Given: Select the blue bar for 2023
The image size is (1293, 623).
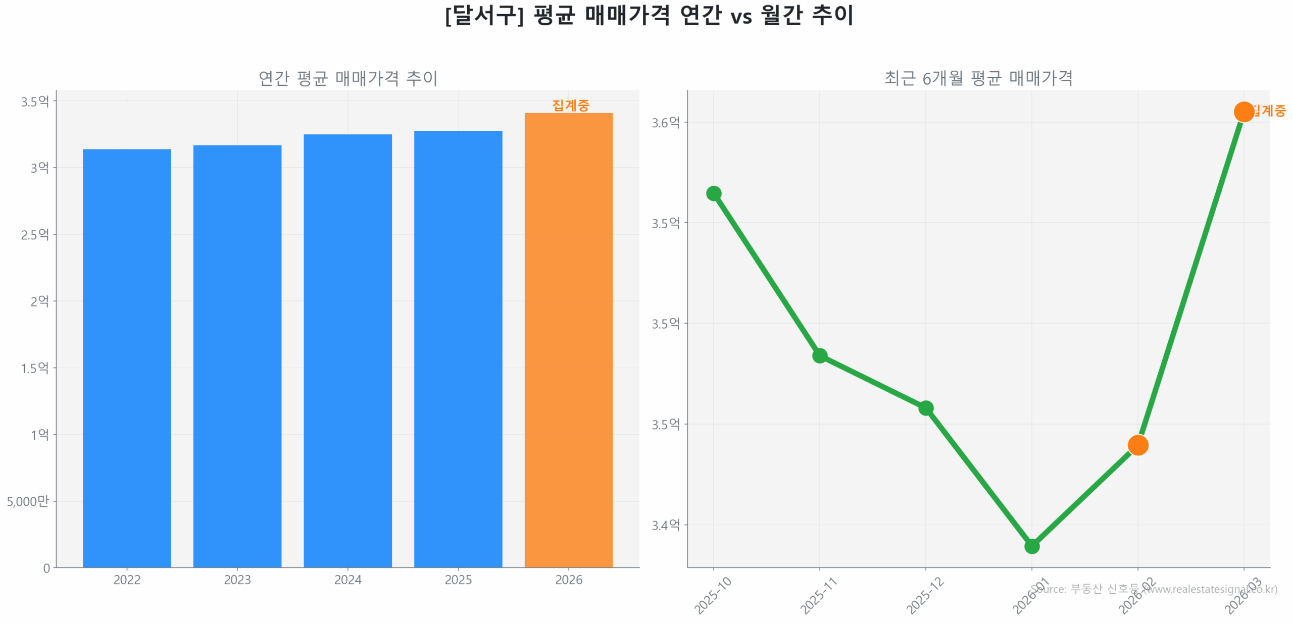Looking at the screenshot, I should tap(237, 355).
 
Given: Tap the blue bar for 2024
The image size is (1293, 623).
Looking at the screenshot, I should tap(347, 350).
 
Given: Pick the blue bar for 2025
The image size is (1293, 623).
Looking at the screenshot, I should tap(458, 348).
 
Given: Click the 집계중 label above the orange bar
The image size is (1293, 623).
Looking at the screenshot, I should tap(570, 105).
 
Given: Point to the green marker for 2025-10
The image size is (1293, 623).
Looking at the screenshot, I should tap(713, 193).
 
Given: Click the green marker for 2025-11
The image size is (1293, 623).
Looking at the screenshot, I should tap(819, 355).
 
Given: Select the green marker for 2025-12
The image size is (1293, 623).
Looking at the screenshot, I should tap(925, 407).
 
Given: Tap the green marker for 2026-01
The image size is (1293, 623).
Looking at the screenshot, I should tap(1031, 546).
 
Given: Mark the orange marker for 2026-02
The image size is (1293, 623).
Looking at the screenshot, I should tap(1137, 445).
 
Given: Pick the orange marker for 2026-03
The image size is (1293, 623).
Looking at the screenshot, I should tap(1244, 112).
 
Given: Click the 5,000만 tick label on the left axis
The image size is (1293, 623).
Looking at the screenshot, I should tap(28, 501).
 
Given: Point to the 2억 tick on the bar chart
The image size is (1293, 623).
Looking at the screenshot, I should tap(39, 301).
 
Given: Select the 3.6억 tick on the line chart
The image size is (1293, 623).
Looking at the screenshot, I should tap(665, 122).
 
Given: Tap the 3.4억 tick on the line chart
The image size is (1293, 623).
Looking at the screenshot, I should tap(665, 525).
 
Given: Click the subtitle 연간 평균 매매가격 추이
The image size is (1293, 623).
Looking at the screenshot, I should tap(347, 78).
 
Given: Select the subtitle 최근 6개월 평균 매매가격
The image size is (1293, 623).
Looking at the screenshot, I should tap(978, 78).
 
